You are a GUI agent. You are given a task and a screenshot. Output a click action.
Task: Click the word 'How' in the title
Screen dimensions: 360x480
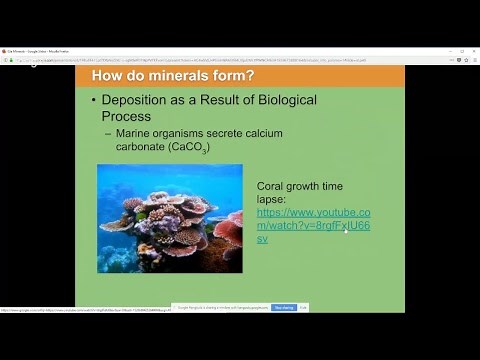109,77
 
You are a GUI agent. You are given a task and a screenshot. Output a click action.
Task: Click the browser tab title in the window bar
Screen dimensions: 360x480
40,50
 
